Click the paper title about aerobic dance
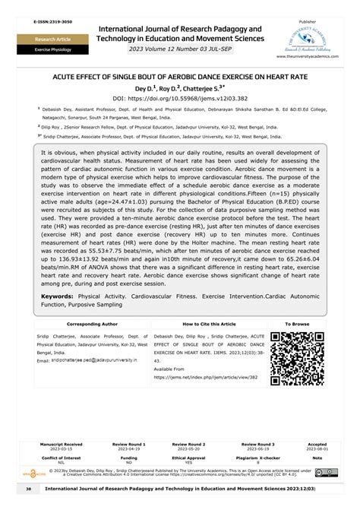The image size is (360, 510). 179,77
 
